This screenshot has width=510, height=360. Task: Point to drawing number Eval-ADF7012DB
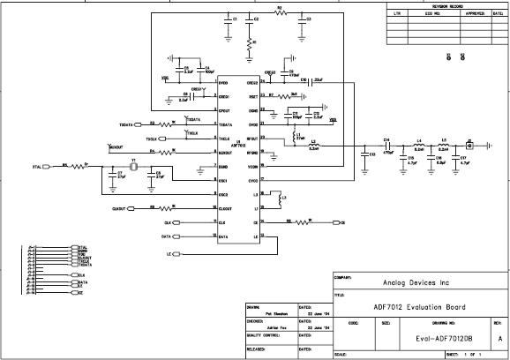pos(419,338)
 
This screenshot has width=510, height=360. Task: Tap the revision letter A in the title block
pos(499,338)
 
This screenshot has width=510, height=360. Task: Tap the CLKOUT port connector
pos(119,208)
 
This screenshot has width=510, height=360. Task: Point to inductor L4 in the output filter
pos(420,146)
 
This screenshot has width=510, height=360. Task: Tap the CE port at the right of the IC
pos(340,222)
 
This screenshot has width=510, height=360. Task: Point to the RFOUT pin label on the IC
pos(252,139)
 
